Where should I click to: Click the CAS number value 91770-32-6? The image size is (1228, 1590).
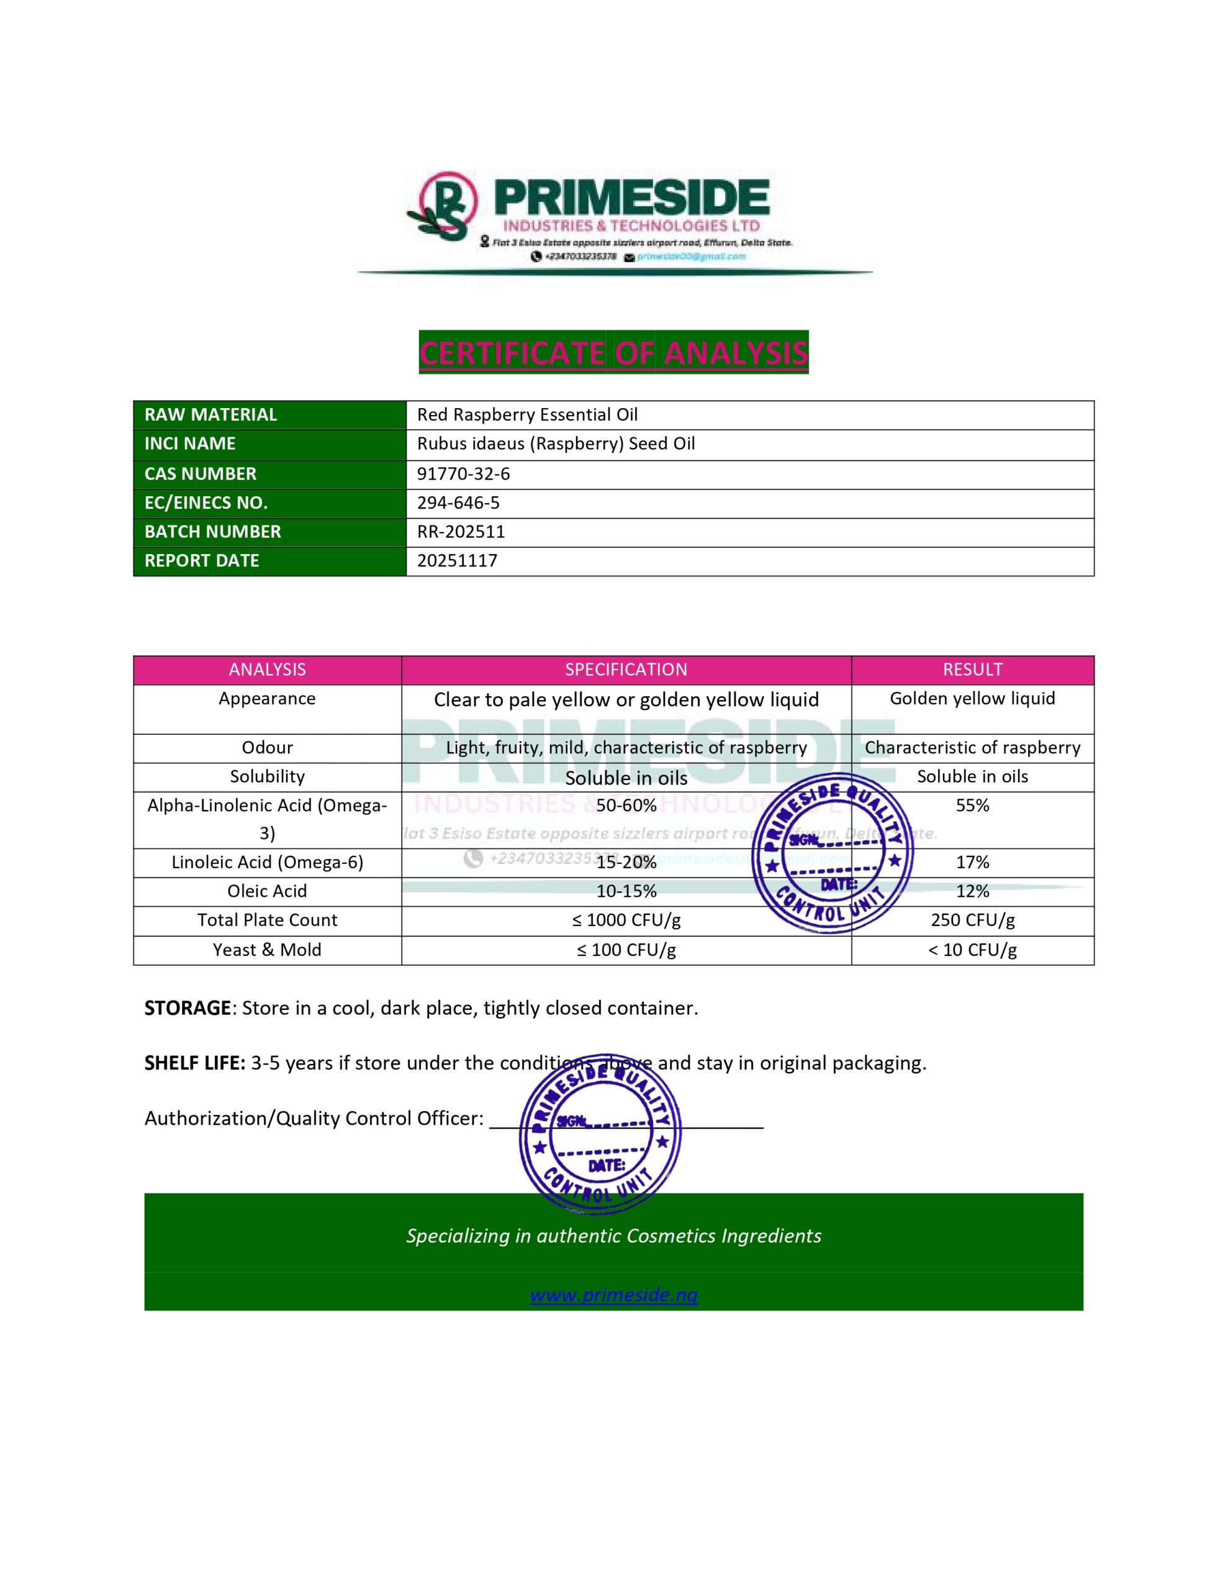463,474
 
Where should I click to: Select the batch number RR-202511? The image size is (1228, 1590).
461,532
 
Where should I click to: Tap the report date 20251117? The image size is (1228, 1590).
457,561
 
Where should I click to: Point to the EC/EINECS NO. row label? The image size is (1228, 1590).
206,503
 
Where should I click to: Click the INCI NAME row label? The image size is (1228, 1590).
190,444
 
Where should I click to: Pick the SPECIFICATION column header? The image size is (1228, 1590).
626,670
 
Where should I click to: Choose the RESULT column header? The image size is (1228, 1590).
972,670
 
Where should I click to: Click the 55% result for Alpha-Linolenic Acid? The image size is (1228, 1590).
972,805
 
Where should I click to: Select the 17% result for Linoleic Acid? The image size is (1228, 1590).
972,863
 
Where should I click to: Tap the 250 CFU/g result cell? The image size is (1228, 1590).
972,920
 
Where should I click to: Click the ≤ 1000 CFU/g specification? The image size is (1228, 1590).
626,920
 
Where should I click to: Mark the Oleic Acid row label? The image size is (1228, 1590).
267,891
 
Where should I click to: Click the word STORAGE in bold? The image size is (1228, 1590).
187,1008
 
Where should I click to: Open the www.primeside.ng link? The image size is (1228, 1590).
613,1295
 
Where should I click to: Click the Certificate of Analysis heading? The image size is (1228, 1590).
613,353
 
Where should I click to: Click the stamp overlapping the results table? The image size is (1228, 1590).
832,853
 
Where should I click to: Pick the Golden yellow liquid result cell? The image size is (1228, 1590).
972,699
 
